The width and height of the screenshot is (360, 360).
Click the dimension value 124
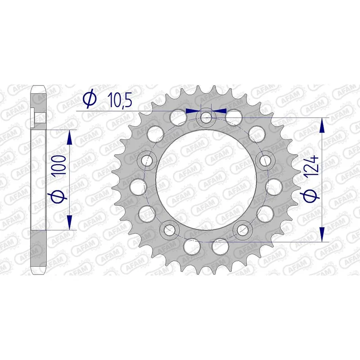click(x=314, y=166)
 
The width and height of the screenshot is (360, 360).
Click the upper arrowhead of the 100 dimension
click(x=69, y=137)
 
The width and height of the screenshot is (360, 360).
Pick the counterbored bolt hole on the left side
click(x=147, y=160)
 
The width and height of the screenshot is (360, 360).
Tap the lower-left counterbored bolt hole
click(x=170, y=230)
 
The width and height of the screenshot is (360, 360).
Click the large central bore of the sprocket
click(x=206, y=180)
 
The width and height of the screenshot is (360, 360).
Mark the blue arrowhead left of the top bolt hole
click(x=192, y=110)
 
